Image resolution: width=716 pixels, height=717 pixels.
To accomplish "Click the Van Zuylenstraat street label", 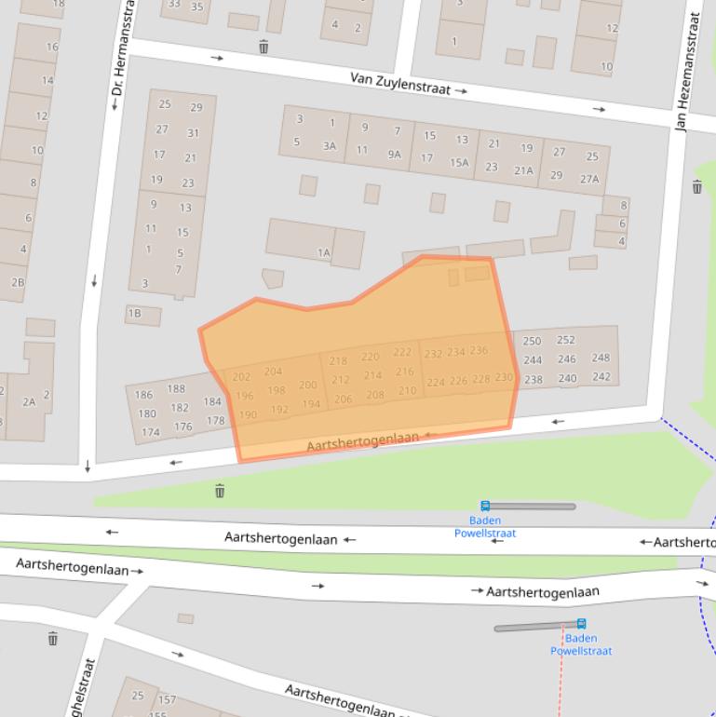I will tap(400, 84).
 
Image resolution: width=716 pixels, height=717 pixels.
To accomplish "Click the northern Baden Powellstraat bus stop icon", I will tap(485, 506).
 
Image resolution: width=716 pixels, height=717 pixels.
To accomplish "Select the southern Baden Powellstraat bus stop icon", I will tap(581, 623).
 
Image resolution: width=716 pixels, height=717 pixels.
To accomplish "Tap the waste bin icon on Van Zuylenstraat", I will tap(263, 47).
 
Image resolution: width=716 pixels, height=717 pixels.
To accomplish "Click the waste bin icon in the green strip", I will tap(220, 491).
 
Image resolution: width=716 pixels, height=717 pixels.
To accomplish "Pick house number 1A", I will tap(323, 252).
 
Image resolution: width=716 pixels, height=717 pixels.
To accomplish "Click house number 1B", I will tap(134, 314).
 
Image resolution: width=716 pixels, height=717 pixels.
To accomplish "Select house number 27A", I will tap(589, 179).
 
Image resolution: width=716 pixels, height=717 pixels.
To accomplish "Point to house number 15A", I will tap(459, 162).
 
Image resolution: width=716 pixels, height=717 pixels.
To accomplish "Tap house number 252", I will tap(565, 340).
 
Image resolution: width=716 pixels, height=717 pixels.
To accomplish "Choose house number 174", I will tap(151, 432).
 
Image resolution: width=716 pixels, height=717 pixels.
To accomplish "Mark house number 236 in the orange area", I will tap(479, 350).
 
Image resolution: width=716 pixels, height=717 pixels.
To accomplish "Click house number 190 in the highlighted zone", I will tap(248, 415).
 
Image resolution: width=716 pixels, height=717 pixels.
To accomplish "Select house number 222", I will tap(401, 351).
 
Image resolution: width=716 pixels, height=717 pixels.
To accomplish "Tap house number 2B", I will tap(18, 282).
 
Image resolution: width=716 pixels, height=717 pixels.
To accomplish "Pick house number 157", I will tap(167, 699).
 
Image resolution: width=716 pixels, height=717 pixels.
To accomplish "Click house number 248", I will tap(601, 358).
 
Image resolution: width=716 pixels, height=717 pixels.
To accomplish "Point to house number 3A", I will tap(329, 145).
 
